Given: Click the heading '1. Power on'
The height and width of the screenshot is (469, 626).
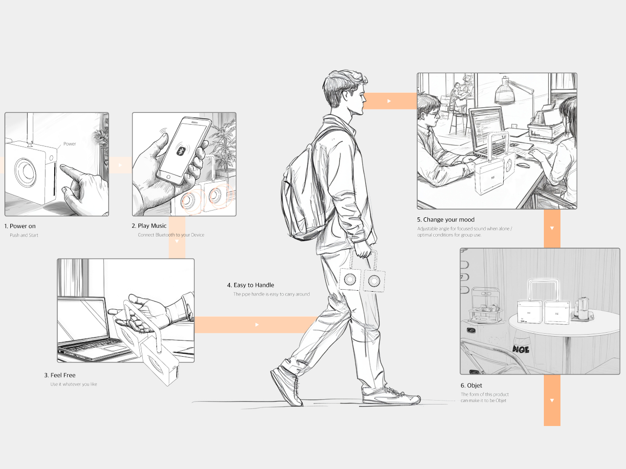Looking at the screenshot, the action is pos(20,226).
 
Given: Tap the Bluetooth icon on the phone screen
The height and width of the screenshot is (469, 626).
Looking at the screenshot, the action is pos(181,151).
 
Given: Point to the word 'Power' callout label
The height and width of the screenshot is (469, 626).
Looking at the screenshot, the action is pos(69,144).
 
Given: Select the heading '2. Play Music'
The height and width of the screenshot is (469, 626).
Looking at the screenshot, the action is pos(149,226).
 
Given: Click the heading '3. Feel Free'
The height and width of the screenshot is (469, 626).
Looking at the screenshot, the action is pos(60,375).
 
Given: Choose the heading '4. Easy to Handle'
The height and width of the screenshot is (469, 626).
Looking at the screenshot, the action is pos(250,285).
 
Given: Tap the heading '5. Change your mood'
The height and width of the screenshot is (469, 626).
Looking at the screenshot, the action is pos(446,219).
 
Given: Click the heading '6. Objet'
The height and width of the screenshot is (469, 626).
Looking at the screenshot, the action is pos(471,385).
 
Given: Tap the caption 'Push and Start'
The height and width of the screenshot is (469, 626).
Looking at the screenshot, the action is pos(24,235).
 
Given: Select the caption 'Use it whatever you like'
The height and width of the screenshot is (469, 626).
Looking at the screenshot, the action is pos(73,384).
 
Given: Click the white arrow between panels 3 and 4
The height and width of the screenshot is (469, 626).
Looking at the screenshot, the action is pos(257,324).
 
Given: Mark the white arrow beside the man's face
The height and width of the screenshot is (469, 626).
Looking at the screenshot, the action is pos(389,101).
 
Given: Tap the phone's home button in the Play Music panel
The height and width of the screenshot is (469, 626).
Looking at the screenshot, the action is pos(169,177).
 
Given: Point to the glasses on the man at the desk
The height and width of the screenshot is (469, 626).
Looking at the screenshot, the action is pos(432,115).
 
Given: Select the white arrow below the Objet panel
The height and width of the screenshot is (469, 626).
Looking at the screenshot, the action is pos(552,401).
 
